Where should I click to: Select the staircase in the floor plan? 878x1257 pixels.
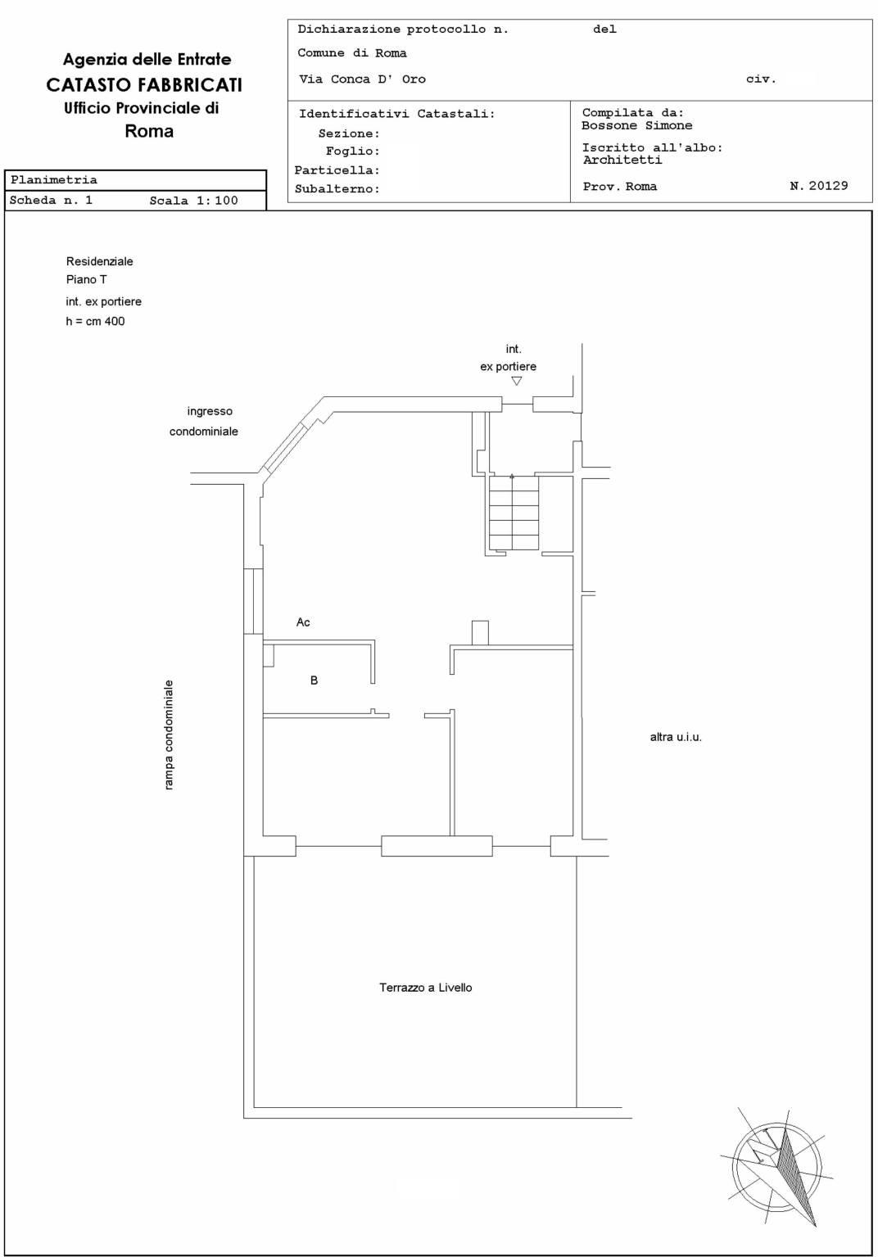(x=514, y=513)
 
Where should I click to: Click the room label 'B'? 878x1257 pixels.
(x=314, y=680)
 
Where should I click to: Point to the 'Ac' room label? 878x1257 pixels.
(x=303, y=622)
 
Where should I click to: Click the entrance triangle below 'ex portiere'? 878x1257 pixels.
(x=517, y=381)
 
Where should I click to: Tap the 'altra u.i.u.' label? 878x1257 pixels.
(x=676, y=737)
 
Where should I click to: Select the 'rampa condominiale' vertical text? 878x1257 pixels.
(x=169, y=735)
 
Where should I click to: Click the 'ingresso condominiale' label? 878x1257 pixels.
(x=204, y=421)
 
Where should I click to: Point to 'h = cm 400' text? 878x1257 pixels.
(x=96, y=322)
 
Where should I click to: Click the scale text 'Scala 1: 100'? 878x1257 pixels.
(x=193, y=201)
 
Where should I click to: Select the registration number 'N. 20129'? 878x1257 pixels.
(x=819, y=186)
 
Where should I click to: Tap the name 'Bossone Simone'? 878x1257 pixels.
(x=637, y=126)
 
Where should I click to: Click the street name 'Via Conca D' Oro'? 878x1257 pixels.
(x=363, y=79)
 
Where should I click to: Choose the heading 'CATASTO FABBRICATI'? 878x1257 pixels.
(x=144, y=84)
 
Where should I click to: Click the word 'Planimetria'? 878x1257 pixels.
(x=54, y=180)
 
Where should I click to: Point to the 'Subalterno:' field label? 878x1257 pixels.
(x=337, y=189)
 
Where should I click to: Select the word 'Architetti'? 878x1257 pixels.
(x=622, y=160)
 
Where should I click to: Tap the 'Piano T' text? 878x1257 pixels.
(x=87, y=279)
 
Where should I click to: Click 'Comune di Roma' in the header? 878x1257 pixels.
(x=352, y=53)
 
